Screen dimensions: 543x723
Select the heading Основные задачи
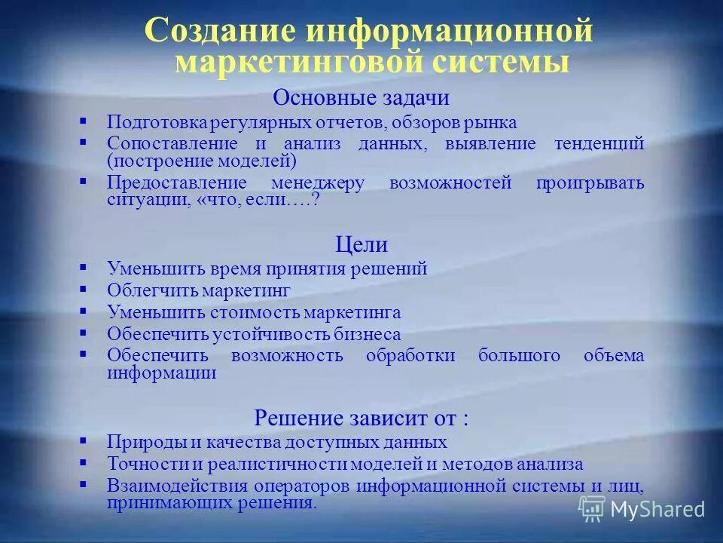(361, 98)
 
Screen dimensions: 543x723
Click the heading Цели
(361, 244)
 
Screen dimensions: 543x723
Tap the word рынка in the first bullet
(493, 122)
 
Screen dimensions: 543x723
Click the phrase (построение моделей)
(201, 161)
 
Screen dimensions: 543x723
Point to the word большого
(519, 356)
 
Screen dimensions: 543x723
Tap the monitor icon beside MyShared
(592, 509)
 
